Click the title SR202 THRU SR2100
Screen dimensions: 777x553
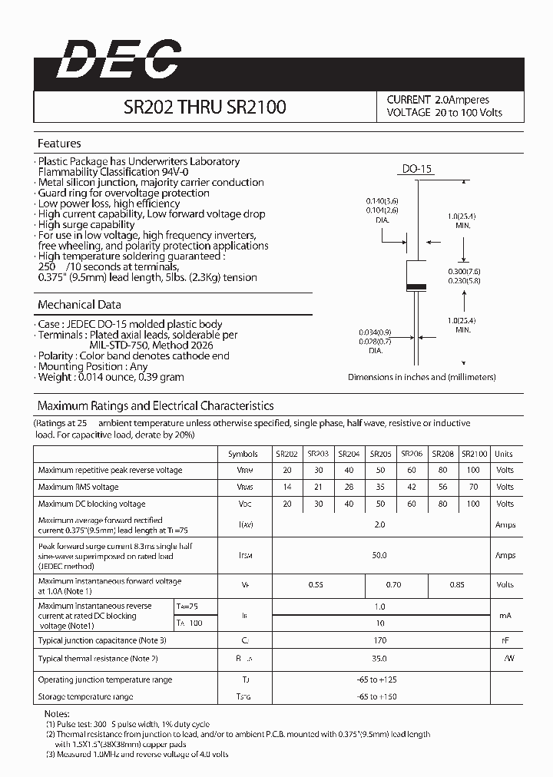(x=204, y=107)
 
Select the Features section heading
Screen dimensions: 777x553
(x=59, y=144)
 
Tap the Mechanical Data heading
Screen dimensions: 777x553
(x=79, y=305)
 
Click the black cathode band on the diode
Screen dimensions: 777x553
(x=416, y=287)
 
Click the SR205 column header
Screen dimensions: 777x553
(x=380, y=454)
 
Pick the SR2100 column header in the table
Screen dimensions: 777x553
(x=473, y=454)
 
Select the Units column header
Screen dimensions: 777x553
(x=504, y=454)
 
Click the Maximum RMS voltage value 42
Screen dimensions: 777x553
(x=412, y=487)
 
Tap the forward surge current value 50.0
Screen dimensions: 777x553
(x=379, y=554)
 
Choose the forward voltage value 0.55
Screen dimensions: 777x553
(x=316, y=584)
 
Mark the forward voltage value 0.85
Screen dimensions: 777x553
(x=458, y=584)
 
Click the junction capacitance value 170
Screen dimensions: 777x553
(x=379, y=640)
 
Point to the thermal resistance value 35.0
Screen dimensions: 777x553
(x=379, y=658)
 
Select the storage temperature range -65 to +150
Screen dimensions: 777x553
(x=379, y=696)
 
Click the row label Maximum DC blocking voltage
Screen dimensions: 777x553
(x=91, y=504)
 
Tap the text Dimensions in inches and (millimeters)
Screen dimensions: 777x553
(x=422, y=377)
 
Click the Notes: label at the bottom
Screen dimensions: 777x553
(x=56, y=714)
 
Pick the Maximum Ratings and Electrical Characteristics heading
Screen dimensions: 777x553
(x=155, y=405)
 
